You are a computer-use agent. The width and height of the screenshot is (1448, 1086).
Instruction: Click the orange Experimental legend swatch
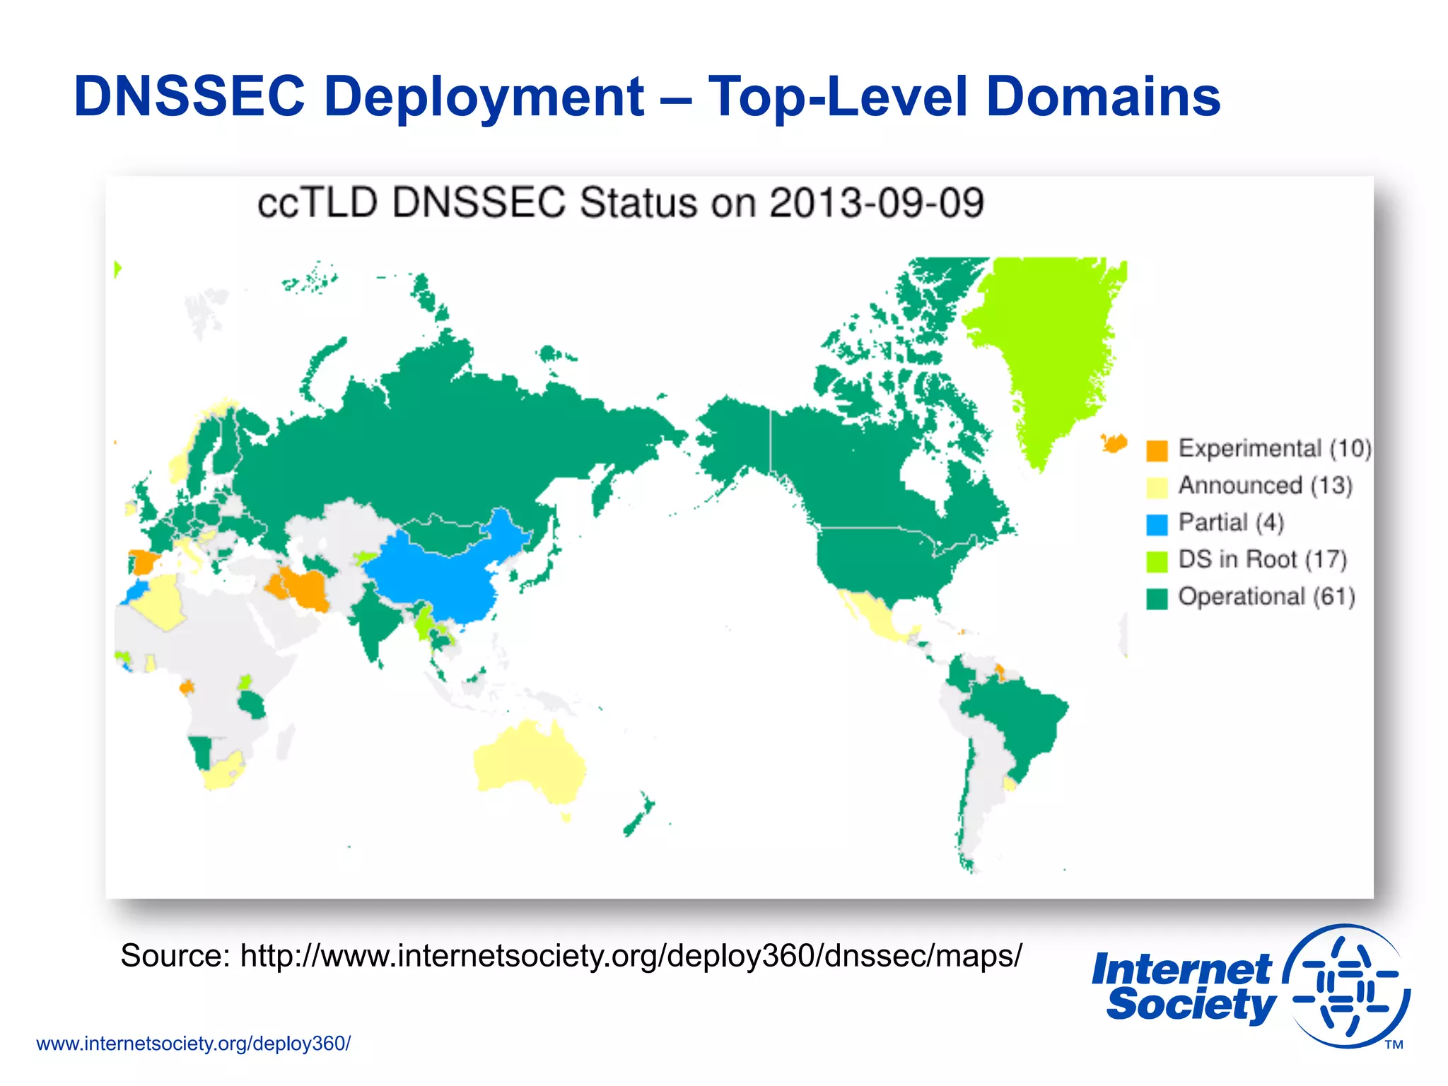click(x=1157, y=450)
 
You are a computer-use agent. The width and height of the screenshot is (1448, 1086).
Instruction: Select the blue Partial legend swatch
click(x=1157, y=525)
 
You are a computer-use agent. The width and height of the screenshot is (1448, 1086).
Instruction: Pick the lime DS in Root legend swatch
click(x=1157, y=561)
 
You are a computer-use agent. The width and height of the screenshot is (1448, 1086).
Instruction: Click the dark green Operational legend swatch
click(x=1157, y=599)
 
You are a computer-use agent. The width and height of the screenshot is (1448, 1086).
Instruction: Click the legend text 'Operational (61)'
click(x=1266, y=597)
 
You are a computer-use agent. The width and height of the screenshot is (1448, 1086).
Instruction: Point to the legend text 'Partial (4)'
click(x=1231, y=522)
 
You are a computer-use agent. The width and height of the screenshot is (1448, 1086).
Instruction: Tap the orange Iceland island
click(x=1114, y=443)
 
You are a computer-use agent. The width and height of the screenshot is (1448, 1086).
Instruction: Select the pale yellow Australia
click(x=530, y=764)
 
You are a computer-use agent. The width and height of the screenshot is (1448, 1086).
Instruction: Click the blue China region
click(x=438, y=573)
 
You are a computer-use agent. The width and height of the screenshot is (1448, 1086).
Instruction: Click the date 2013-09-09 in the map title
click(x=876, y=204)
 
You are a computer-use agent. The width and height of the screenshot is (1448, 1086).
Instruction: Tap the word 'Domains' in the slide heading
click(x=1103, y=97)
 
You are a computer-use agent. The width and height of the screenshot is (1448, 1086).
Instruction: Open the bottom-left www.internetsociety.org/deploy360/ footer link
click(x=193, y=1044)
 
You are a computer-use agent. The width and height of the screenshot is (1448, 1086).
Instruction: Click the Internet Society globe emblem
click(x=1347, y=986)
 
